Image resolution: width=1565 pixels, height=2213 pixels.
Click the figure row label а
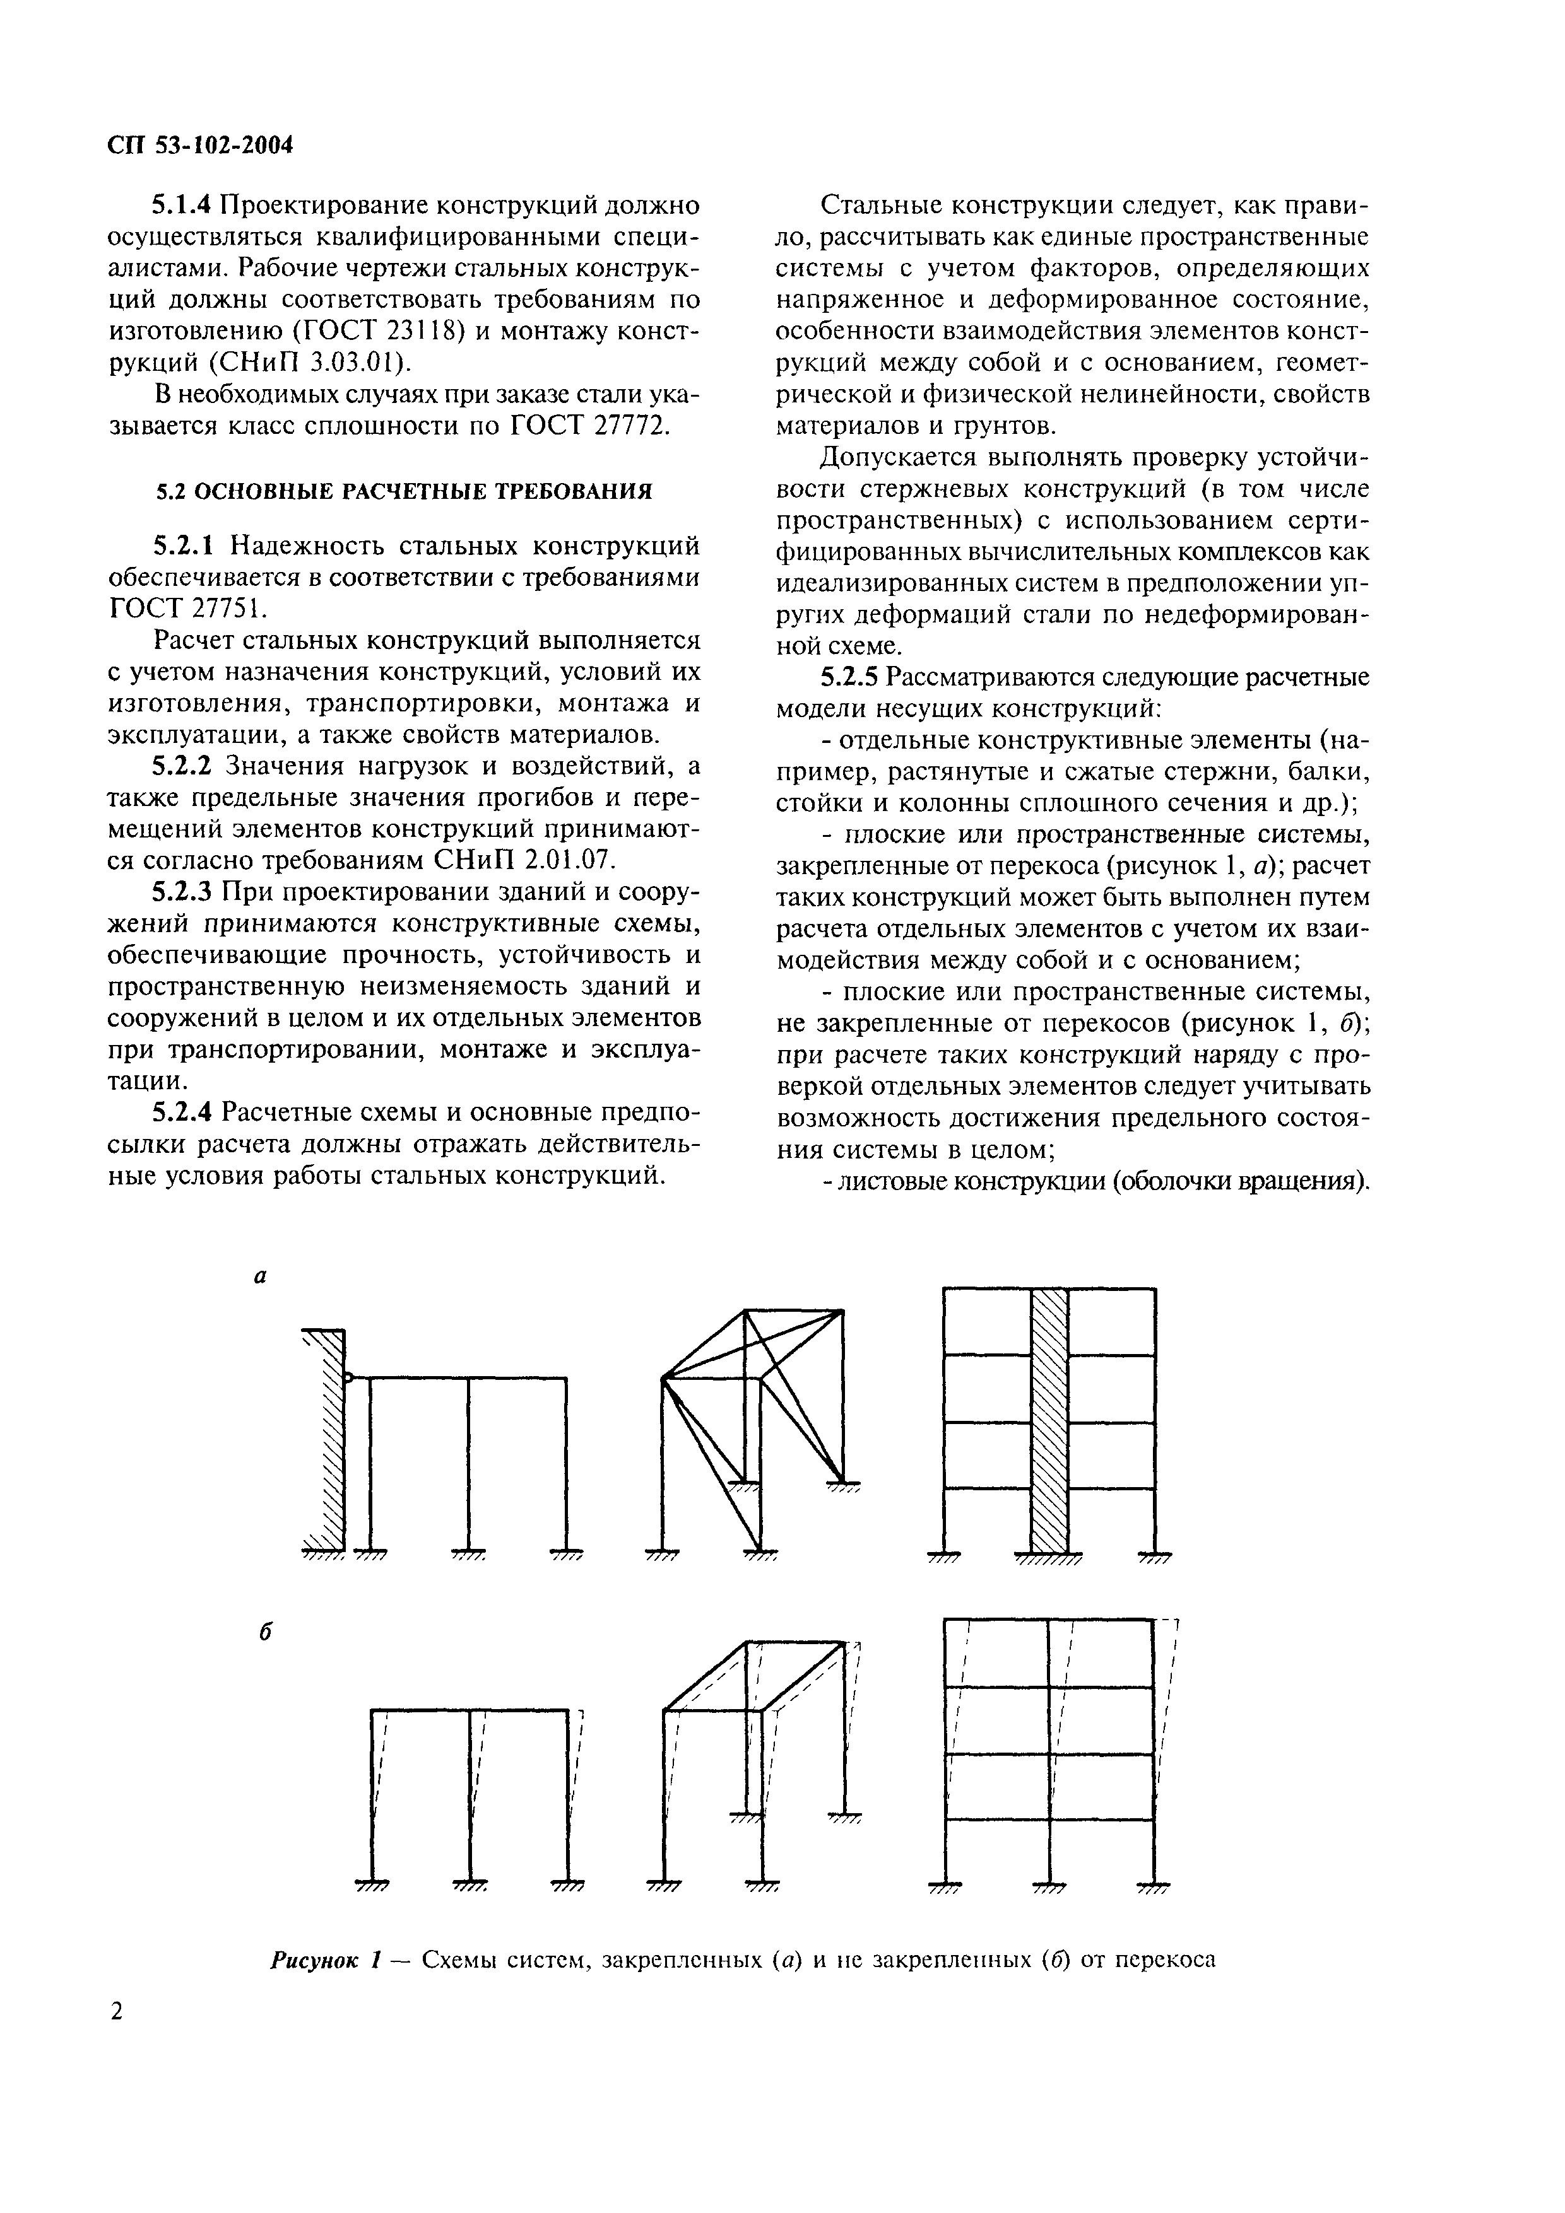coord(259,1277)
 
